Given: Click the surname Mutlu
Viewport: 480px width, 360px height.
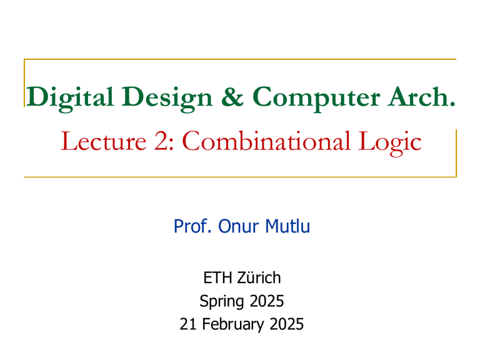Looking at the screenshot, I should (287, 228).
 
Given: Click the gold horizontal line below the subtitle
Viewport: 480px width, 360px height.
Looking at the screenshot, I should (240, 177).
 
